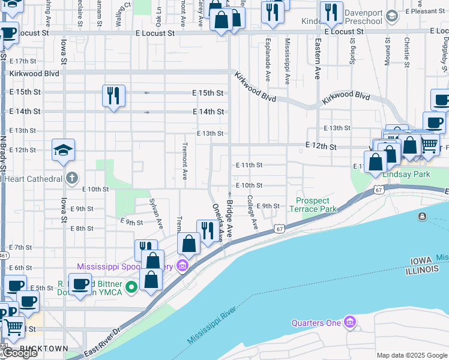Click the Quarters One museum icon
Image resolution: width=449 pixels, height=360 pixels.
coord(350,323)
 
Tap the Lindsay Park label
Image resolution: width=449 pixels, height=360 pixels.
coord(406,174)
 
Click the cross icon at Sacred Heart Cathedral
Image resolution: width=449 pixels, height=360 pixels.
coord(71,178)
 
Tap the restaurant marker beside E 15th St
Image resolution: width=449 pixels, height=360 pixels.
coord(113,96)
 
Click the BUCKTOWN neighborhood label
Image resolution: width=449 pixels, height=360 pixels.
coord(43,349)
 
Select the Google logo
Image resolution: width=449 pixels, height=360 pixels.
coord(20,353)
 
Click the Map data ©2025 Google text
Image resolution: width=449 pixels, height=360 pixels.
coord(412,355)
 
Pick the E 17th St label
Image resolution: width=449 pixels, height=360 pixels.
coord(23,61)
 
